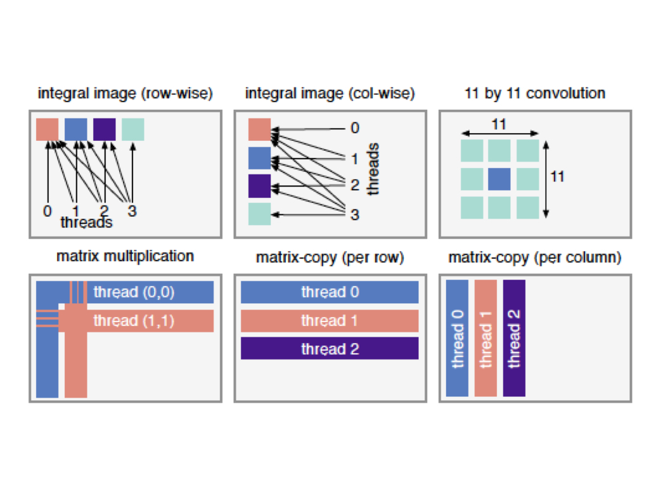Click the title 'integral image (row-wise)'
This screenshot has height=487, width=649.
(125, 94)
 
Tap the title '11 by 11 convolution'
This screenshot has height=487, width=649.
(534, 94)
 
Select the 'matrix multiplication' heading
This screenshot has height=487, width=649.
(125, 257)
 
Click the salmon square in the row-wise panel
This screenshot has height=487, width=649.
(48, 129)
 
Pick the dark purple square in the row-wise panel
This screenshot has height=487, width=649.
(105, 129)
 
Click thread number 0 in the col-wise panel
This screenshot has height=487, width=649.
(355, 129)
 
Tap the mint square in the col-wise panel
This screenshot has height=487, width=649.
(259, 214)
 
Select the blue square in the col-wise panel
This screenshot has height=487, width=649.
(259, 158)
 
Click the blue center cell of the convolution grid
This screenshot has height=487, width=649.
(499, 179)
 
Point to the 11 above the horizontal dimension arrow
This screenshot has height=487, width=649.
(499, 125)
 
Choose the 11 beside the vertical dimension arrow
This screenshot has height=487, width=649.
(557, 176)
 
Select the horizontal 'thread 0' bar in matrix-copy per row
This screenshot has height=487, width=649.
(330, 292)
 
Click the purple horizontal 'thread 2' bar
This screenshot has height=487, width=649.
(330, 349)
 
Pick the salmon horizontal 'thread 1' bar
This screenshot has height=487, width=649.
(330, 321)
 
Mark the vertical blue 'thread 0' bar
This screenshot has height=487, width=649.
(458, 338)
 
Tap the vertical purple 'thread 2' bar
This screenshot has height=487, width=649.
(514, 338)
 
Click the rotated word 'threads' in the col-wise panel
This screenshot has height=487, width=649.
(374, 169)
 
